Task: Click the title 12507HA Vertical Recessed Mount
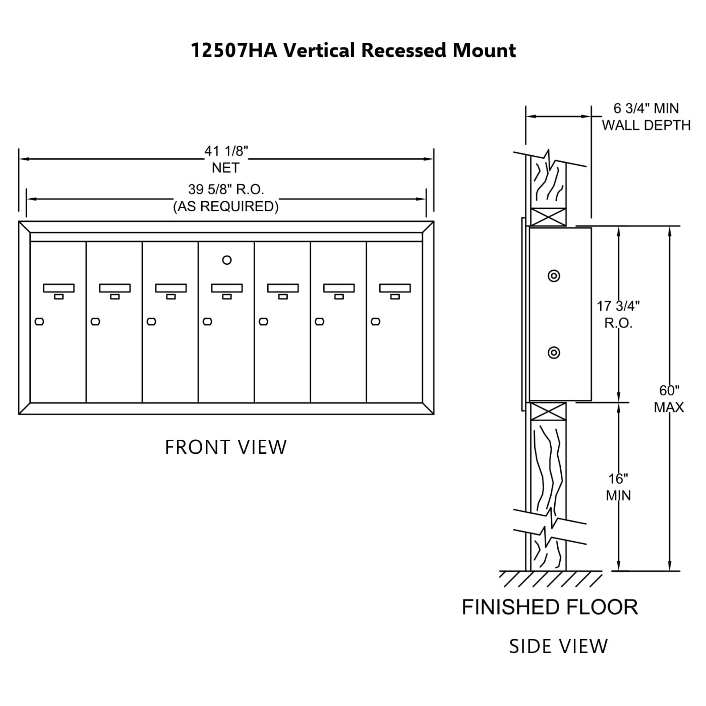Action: point(353,50)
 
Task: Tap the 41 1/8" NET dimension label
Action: point(226,159)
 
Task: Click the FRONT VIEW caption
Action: point(226,447)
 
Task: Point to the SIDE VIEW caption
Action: point(558,646)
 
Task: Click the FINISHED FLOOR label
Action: point(550,607)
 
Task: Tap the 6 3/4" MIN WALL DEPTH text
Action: point(646,116)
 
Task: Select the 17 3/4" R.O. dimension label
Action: point(618,314)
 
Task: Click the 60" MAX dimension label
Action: point(669,398)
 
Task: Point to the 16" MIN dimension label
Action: point(618,487)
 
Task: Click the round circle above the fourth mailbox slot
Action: point(227,260)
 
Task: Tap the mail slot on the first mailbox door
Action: point(58,288)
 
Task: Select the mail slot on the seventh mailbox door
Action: point(395,288)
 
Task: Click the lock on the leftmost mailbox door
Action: point(39,322)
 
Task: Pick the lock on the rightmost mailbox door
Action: point(375,322)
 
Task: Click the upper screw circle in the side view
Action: point(554,276)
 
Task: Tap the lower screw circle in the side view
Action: point(554,352)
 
